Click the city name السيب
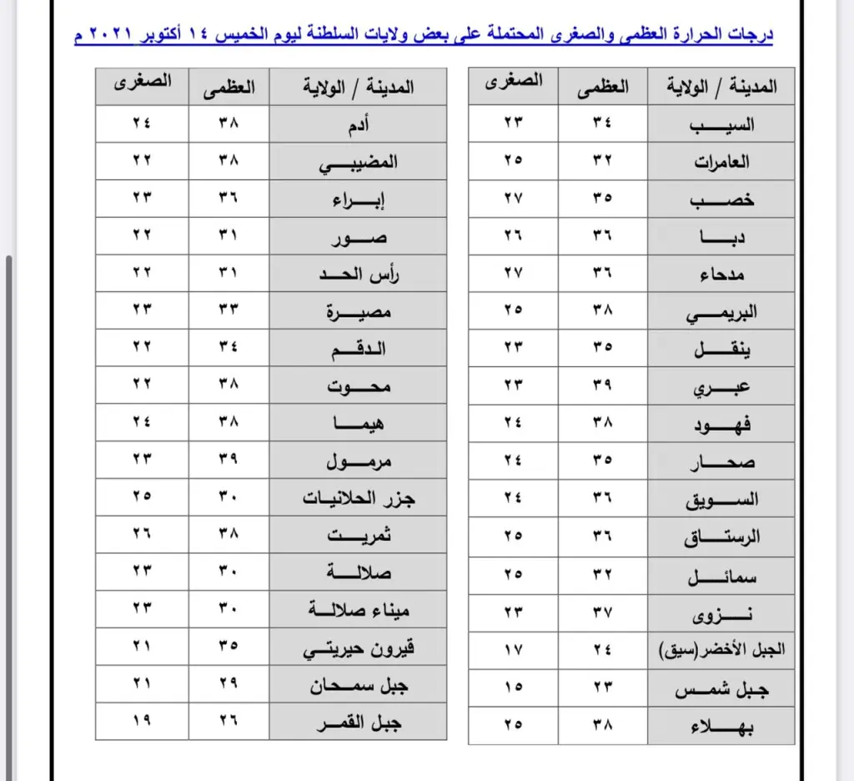[x=722, y=124]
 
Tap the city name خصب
[x=722, y=199]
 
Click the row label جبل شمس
[x=722, y=689]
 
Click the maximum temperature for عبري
[x=602, y=386]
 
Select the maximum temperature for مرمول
[x=229, y=461]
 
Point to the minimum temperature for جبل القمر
[x=142, y=722]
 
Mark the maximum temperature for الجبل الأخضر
[x=602, y=648]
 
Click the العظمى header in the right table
[x=603, y=85]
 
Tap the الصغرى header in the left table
[x=143, y=83]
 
